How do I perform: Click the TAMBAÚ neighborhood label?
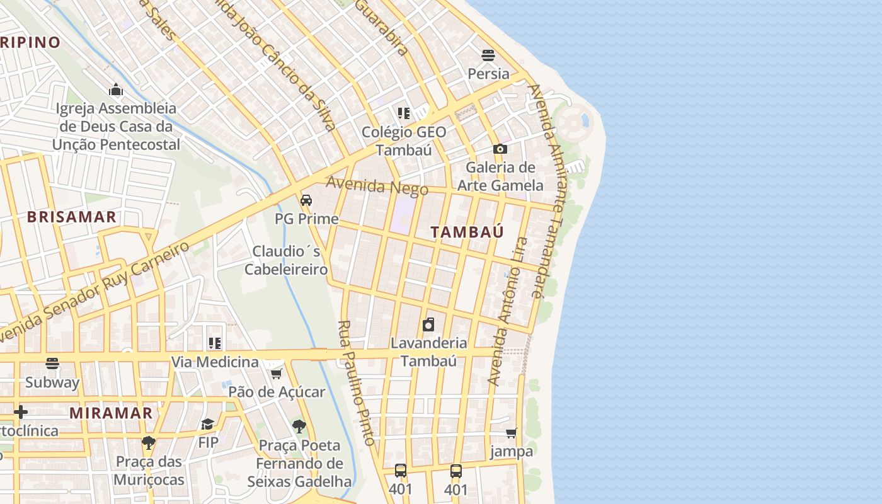point(467,232)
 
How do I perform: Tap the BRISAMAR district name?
point(71,217)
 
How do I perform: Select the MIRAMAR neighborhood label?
point(111,413)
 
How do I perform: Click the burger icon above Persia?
point(488,55)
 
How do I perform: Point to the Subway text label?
point(52,382)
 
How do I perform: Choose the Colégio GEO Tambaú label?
point(404,141)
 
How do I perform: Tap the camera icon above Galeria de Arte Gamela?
point(500,149)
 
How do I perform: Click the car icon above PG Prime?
point(306,201)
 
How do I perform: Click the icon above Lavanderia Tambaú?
point(428,324)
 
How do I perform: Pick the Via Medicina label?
point(215,362)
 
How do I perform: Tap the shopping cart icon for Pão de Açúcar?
point(276,374)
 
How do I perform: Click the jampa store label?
point(512,452)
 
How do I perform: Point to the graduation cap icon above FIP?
point(208,424)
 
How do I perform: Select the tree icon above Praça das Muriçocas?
point(149,443)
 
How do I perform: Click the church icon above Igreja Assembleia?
point(116,89)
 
